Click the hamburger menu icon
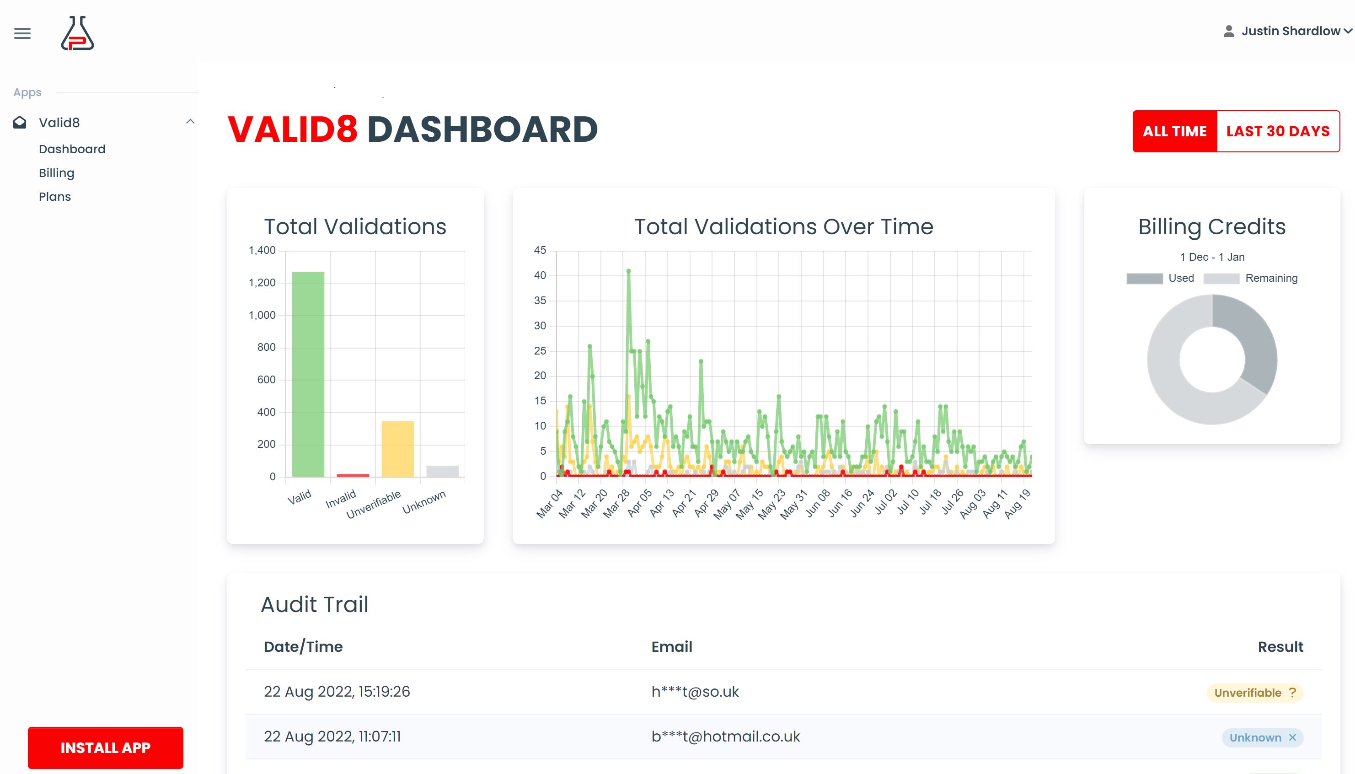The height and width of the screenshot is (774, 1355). point(22,33)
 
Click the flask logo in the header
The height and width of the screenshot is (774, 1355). point(78,33)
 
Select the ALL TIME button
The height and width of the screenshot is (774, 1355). point(1174,131)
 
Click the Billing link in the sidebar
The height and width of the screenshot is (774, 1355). point(56,173)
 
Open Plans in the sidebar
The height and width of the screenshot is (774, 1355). point(55,197)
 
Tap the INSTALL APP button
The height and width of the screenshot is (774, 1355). point(105,747)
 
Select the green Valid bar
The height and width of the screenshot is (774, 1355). point(308,374)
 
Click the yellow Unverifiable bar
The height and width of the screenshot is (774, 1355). point(397,449)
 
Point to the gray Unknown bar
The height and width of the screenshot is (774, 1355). point(442,471)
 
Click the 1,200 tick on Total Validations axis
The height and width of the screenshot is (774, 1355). point(262,283)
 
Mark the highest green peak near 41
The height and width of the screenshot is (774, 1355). point(629,271)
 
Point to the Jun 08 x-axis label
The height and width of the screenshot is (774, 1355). point(818,503)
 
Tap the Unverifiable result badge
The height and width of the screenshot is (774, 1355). point(1254,693)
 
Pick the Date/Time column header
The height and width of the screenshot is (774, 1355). point(303,647)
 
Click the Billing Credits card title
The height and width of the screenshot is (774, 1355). point(1211,227)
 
